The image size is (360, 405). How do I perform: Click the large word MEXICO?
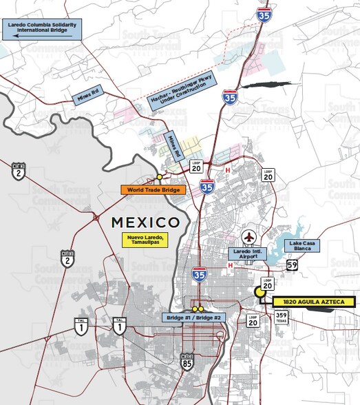145,222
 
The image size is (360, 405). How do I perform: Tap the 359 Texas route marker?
281,318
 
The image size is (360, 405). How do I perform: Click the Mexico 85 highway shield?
187,359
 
